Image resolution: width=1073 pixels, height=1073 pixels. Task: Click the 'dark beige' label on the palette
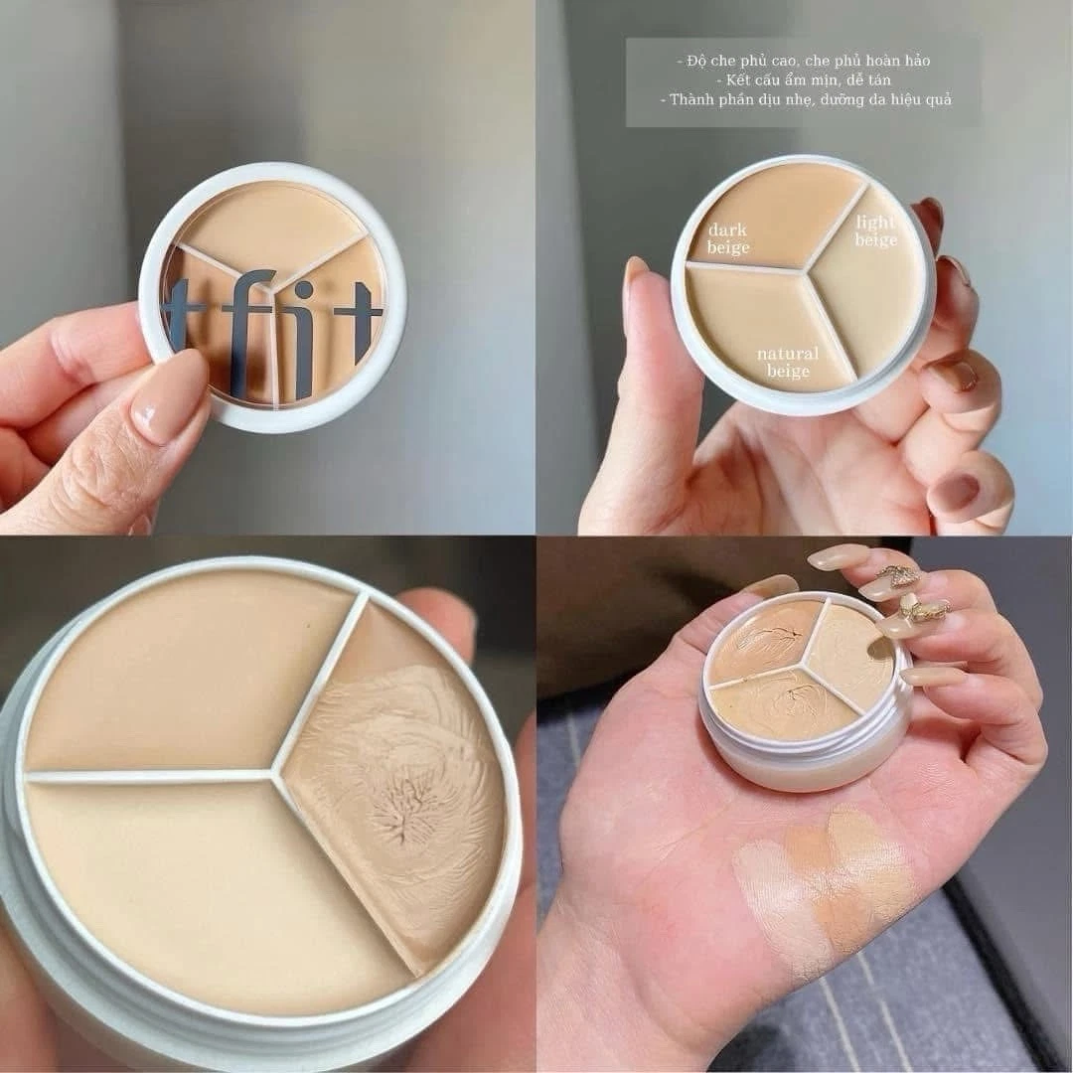coord(728,238)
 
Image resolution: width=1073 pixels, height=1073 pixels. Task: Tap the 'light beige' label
coord(876,230)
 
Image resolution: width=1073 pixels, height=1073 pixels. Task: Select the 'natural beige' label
coord(788,362)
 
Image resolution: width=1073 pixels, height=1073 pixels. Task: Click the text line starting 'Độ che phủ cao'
coord(804,61)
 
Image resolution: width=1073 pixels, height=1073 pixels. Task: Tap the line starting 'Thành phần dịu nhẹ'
coord(806,100)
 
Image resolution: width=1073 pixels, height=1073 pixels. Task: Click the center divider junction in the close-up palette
coord(274,775)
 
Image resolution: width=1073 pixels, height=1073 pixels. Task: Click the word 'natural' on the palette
coord(788,354)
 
